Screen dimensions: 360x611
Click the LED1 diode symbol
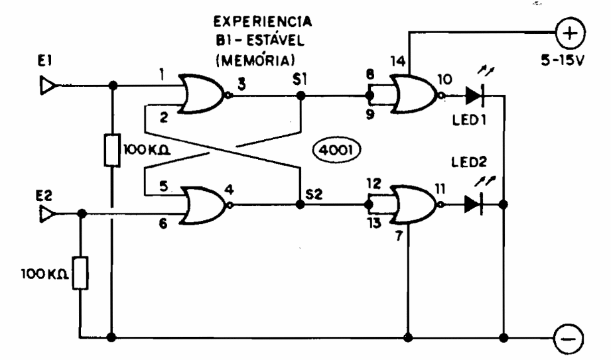pos(474,97)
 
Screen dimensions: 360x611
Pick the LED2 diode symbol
pos(473,204)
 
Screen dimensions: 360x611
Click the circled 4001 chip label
pos(335,151)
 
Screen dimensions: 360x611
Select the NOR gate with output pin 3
pos(203,95)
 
